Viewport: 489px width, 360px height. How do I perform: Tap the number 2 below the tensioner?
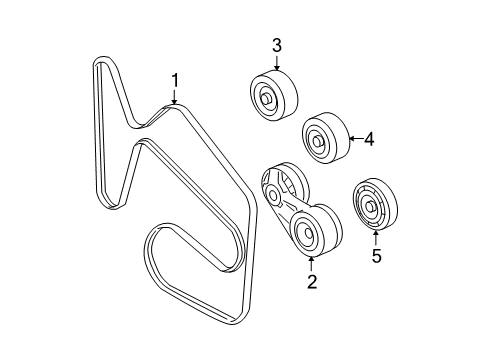point(311,284)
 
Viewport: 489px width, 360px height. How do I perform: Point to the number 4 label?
point(368,140)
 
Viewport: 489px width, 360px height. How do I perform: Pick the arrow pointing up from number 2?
point(311,265)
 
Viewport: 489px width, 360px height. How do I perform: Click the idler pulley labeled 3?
point(269,96)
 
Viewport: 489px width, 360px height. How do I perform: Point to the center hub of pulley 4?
point(316,138)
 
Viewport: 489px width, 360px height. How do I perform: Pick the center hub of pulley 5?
point(370,208)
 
